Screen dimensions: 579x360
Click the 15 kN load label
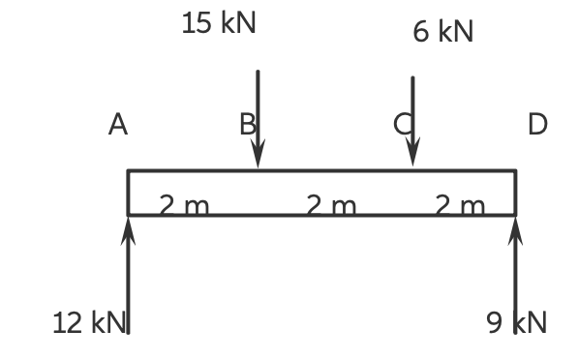coord(219,24)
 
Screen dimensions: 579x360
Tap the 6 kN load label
coord(442,32)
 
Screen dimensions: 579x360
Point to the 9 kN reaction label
coord(517,323)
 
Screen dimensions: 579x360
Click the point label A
coord(118,125)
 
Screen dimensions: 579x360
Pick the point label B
coord(248,125)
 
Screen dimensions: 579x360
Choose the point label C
coord(402,124)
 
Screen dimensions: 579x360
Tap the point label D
coord(537,125)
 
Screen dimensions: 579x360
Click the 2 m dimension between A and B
coord(184,205)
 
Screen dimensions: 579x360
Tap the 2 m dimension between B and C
coord(331,205)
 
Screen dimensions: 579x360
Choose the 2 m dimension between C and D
coord(460,205)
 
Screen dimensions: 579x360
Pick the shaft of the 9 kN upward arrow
coord(515,281)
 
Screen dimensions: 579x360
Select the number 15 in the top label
coord(195,24)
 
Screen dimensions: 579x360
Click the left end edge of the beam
coord(128,193)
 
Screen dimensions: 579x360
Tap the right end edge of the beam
coord(515,193)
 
